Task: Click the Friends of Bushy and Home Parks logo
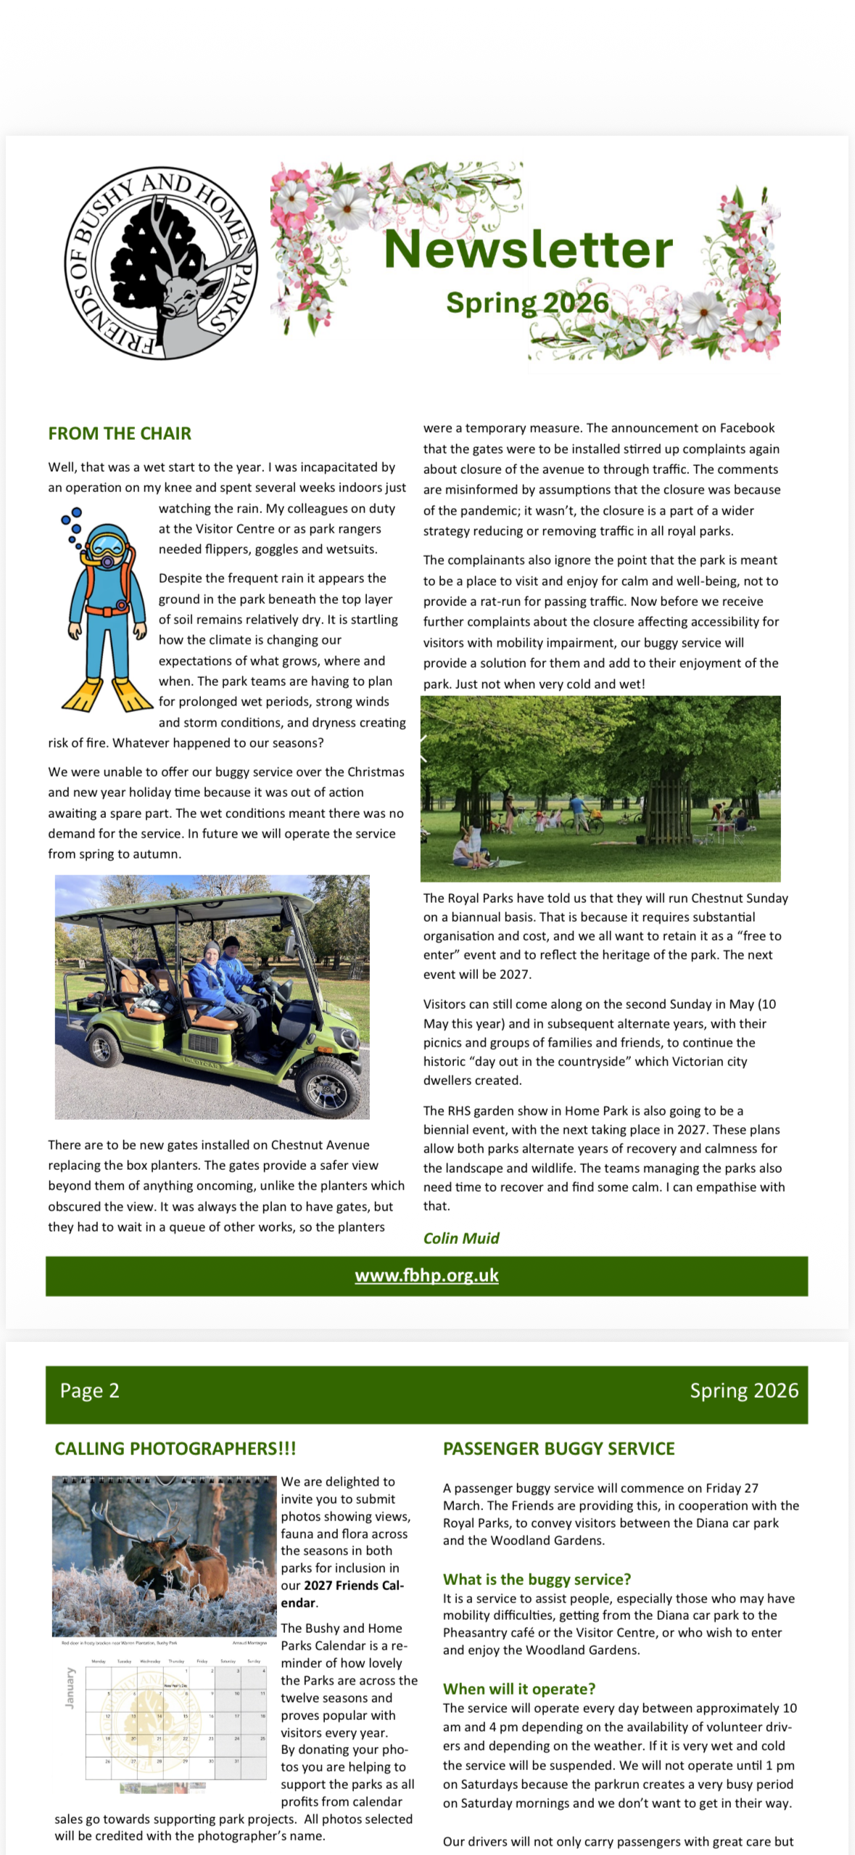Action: (x=160, y=263)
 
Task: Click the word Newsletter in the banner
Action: (x=528, y=249)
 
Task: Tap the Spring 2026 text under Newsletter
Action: (x=527, y=303)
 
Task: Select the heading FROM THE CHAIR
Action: (x=120, y=433)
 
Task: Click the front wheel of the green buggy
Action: (x=332, y=1087)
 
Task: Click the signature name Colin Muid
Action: (x=461, y=1238)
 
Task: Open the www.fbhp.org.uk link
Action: (x=426, y=1275)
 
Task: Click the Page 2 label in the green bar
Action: (x=89, y=1391)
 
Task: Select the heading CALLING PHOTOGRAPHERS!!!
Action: (x=175, y=1449)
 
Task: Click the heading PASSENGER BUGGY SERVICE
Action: (x=558, y=1449)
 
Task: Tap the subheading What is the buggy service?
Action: (x=537, y=1579)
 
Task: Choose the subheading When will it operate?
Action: (x=519, y=1689)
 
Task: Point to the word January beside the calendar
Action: (x=70, y=1687)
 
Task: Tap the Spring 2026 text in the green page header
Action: (x=743, y=1391)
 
